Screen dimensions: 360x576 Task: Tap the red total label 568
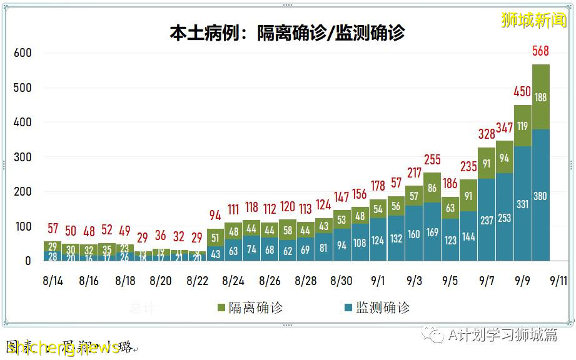541,51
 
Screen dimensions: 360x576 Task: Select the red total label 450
522,92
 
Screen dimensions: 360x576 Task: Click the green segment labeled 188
541,97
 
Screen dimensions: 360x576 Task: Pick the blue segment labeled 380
541,196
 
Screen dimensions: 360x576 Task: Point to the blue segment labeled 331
523,204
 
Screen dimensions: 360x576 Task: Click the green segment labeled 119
523,126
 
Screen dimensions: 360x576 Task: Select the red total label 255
432,159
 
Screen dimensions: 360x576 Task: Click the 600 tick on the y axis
23,52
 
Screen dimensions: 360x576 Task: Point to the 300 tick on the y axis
23,157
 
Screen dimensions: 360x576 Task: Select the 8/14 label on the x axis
53,281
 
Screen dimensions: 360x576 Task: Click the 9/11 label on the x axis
559,281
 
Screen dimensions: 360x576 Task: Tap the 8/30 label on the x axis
342,281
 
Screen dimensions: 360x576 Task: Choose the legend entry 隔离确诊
250,307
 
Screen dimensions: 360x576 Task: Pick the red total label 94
215,216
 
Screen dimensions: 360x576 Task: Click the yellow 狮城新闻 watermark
533,20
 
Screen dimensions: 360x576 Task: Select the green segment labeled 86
432,187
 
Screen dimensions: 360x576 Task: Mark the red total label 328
487,134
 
